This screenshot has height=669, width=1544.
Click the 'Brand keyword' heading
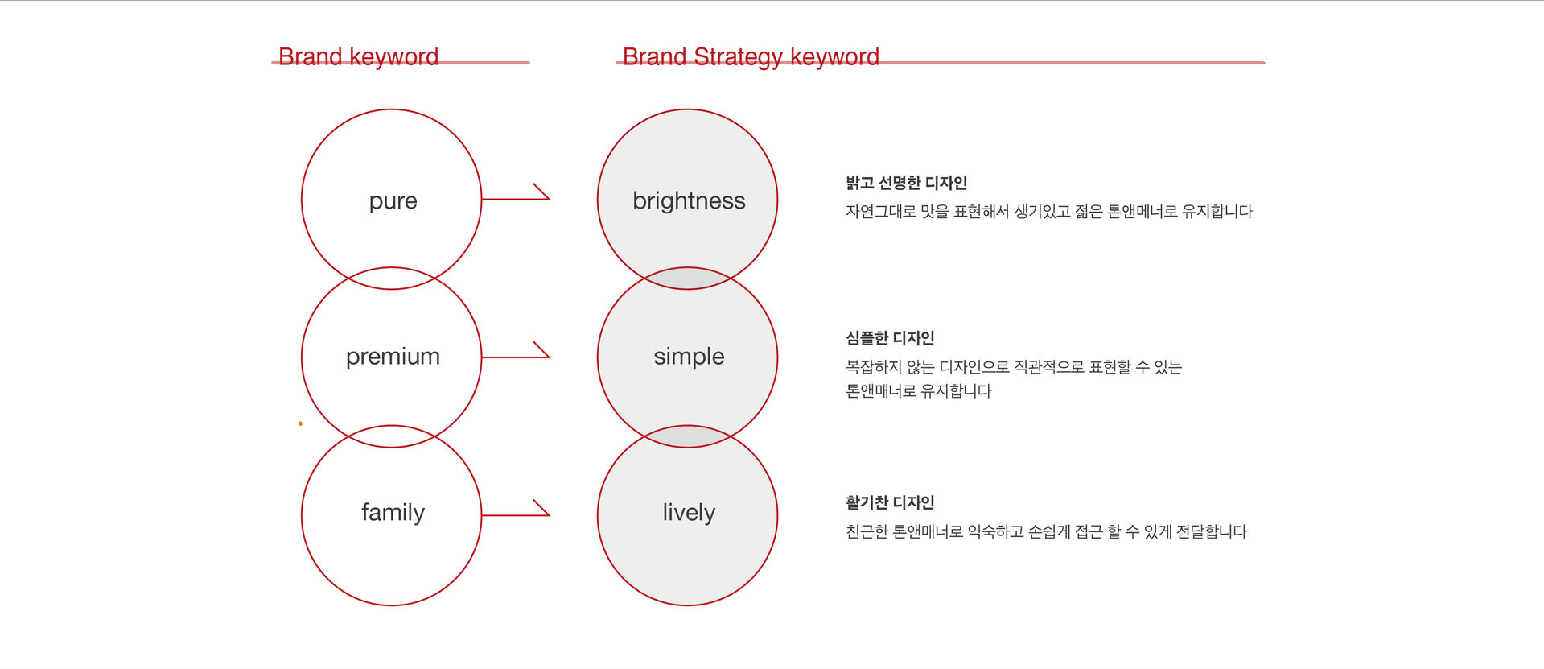[x=358, y=56]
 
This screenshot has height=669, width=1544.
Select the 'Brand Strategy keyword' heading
[x=751, y=57]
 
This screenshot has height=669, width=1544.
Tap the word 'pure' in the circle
[x=393, y=201]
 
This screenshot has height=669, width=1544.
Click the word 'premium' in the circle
[x=393, y=357]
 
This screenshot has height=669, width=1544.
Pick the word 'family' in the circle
[x=393, y=513]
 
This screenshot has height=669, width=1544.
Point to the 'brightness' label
[x=689, y=200]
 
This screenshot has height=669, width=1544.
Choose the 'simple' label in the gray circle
[x=689, y=357]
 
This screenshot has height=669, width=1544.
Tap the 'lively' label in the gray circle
[x=689, y=513]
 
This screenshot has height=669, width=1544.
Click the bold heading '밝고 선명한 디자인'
[x=906, y=183]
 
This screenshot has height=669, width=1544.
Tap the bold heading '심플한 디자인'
[x=890, y=338]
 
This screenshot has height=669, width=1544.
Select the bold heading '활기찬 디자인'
[x=890, y=502]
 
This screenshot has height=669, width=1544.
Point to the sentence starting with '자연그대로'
[x=1049, y=211]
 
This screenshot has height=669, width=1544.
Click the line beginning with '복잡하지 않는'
[x=1014, y=367]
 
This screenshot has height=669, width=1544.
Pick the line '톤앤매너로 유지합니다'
[x=918, y=391]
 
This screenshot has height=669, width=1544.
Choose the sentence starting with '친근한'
[x=1046, y=531]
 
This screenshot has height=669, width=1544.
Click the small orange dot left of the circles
[x=300, y=423]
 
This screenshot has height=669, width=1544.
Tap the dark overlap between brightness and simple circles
[x=687, y=279]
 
